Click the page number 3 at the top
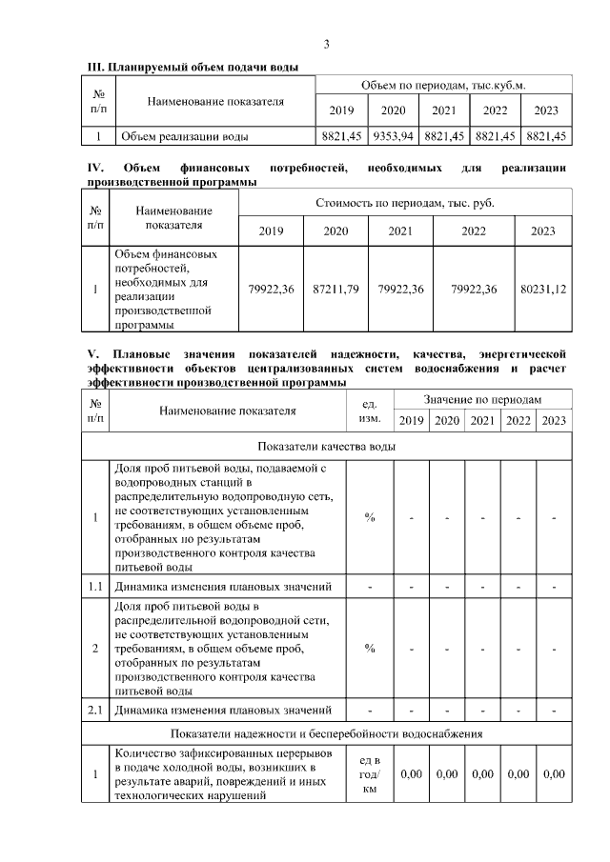click(x=326, y=45)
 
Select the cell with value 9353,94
click(x=393, y=137)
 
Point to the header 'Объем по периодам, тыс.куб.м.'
click(x=444, y=86)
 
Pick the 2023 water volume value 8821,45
click(x=547, y=137)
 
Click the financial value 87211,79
click(x=335, y=289)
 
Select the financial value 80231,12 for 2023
click(x=543, y=289)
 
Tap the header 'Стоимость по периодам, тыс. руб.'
click(x=405, y=203)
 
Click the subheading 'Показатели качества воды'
click(x=326, y=446)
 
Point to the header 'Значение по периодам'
click(x=482, y=401)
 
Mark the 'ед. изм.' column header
click(x=370, y=411)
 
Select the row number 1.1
click(x=95, y=585)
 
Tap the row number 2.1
click(x=95, y=710)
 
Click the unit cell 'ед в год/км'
click(x=370, y=774)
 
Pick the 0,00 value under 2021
click(x=482, y=774)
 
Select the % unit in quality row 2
click(x=370, y=648)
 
